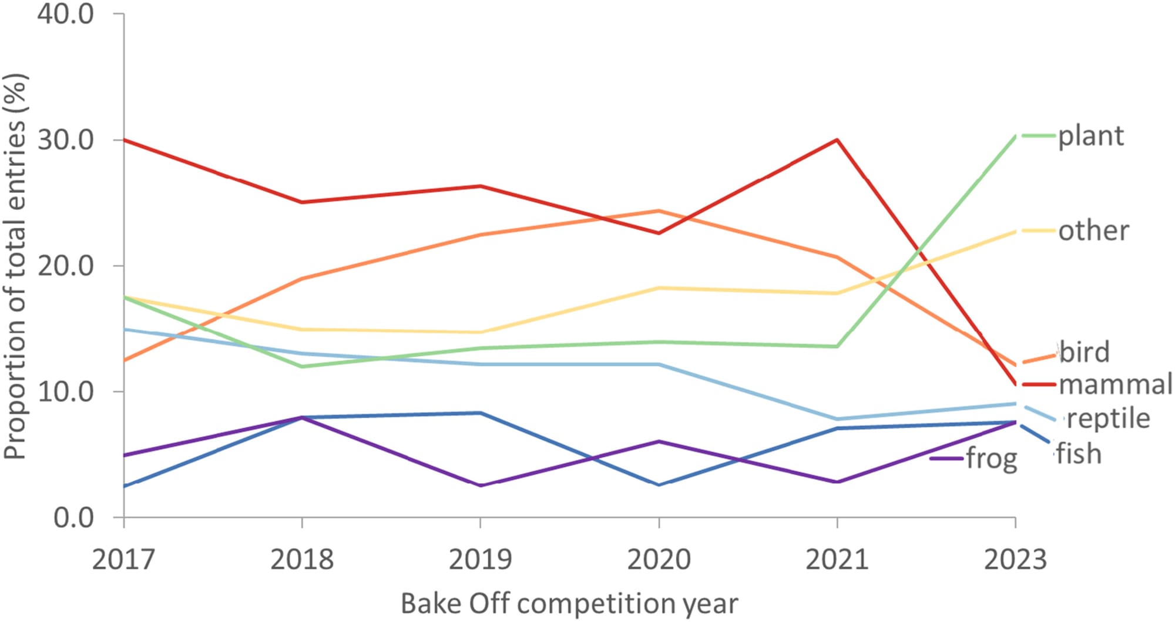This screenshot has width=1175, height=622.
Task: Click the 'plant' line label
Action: (x=1090, y=136)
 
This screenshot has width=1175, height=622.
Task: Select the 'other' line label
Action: (x=1093, y=231)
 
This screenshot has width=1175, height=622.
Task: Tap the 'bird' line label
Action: (x=1085, y=352)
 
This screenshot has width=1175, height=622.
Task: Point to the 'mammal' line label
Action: (x=1115, y=384)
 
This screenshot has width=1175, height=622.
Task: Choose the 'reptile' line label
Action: (x=1108, y=419)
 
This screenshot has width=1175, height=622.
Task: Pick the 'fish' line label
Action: (x=1079, y=454)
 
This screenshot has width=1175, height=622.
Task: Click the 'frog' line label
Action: (x=992, y=458)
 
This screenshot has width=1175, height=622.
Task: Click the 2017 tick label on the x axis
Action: (x=123, y=559)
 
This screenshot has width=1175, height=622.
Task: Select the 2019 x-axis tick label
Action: (x=480, y=559)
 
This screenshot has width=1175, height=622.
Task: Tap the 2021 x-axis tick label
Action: (x=837, y=559)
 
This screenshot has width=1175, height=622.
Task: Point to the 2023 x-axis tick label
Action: (x=1015, y=559)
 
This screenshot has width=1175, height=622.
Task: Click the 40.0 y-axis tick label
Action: (x=66, y=14)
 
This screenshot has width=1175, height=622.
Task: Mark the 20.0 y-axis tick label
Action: (x=66, y=266)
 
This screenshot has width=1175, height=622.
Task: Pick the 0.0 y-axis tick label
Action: (x=73, y=518)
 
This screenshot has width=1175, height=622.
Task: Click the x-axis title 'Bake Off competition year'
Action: (x=569, y=604)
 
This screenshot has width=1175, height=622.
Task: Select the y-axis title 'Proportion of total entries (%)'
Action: (x=15, y=266)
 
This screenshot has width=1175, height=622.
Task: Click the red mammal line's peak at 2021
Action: (x=837, y=140)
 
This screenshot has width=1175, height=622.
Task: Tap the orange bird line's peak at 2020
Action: (x=659, y=210)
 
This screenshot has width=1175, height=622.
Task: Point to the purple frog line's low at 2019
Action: (x=481, y=486)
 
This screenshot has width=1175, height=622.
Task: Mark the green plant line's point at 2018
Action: (x=302, y=366)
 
